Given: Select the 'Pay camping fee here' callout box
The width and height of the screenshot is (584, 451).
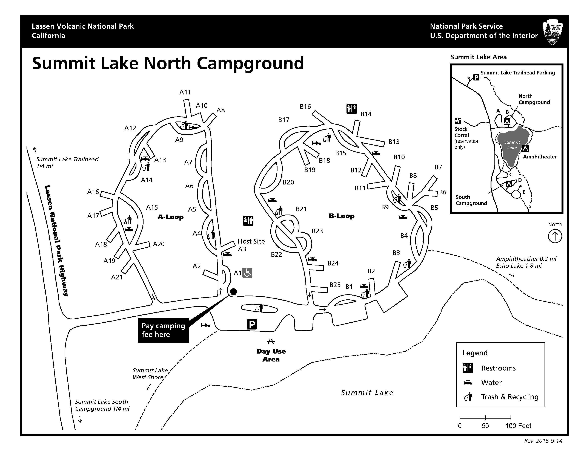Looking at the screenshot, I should tap(163, 330).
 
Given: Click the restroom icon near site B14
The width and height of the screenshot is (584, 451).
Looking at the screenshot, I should tap(351, 109).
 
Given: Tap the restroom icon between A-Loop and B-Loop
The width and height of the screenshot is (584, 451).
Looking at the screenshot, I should tap(248, 221).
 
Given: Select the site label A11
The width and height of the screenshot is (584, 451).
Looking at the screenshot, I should tap(185, 92).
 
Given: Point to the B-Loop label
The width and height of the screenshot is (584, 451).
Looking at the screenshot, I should tap(342, 216).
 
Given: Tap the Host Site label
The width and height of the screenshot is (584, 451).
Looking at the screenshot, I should tap(251, 241).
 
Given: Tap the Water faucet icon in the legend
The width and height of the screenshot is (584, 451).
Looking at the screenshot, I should tap(468, 383).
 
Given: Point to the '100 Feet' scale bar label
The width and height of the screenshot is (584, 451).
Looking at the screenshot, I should tap(518, 426).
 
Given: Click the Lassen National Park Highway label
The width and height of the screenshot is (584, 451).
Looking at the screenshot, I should tap(56, 241).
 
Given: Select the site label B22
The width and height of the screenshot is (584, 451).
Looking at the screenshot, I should tap(276, 254).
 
